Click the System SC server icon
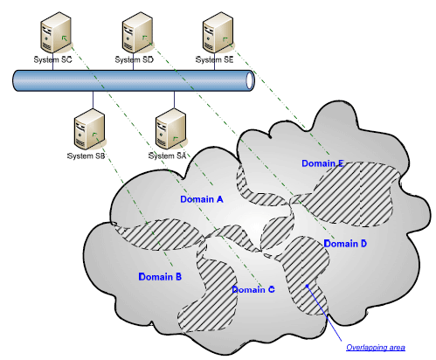(56, 32)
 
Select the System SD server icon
(137, 32)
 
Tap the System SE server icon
(218, 32)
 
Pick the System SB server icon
(89, 129)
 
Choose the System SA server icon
(170, 129)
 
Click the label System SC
(52, 59)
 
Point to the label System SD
(134, 59)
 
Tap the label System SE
(215, 59)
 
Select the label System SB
(86, 156)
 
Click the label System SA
(167, 156)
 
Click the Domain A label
(202, 199)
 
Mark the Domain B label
(160, 276)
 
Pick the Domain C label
(253, 289)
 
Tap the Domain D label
(345, 244)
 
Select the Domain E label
(322, 163)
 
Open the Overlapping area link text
(376, 347)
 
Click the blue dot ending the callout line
(307, 286)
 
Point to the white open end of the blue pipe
(250, 80)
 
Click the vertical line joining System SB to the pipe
(93, 100)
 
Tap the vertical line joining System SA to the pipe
(174, 100)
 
